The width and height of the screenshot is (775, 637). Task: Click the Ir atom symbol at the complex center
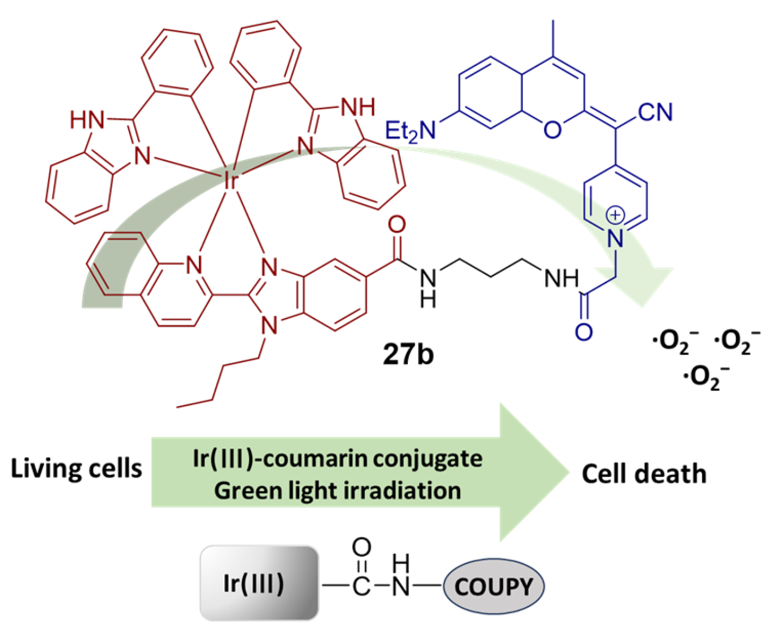(231, 180)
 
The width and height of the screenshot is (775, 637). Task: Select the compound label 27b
(408, 354)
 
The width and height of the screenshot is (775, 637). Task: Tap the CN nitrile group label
(655, 112)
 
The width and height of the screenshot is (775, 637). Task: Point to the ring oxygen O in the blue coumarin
(552, 130)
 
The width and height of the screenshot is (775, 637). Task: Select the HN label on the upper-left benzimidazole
(87, 120)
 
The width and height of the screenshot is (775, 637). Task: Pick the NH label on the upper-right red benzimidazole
(358, 107)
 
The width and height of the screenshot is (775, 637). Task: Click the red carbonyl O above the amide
(397, 224)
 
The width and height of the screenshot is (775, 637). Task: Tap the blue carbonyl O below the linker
(583, 332)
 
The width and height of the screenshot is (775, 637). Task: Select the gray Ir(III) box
(259, 583)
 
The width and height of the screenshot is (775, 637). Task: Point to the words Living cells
(76, 468)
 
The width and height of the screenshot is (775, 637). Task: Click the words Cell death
(644, 474)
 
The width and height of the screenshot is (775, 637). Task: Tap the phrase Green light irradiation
(337, 491)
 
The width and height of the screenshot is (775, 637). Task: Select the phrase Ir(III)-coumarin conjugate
(337, 458)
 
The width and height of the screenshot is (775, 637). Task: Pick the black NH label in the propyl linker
(561, 279)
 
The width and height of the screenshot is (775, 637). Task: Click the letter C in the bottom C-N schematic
(361, 586)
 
